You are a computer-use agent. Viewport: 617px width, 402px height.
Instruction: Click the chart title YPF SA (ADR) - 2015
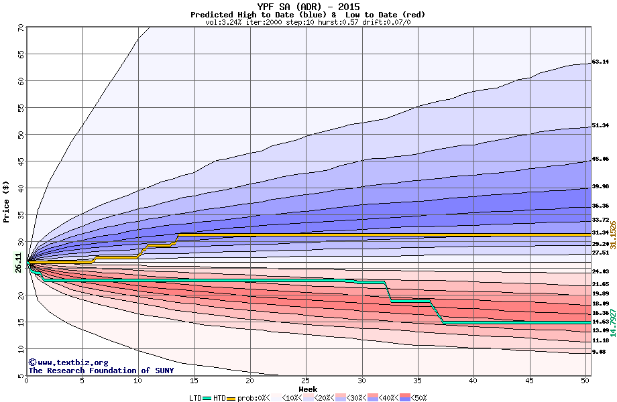click(308, 7)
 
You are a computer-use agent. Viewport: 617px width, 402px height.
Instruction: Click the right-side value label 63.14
click(600, 62)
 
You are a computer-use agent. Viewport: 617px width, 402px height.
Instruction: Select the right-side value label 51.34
click(600, 125)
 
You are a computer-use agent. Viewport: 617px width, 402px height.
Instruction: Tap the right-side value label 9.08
click(599, 352)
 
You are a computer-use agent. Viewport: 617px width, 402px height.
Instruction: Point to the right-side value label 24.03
click(600, 271)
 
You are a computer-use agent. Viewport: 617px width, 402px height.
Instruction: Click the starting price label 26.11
click(18, 262)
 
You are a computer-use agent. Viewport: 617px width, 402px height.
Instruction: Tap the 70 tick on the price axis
click(20, 27)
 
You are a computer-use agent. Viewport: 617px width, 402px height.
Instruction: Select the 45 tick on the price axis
click(20, 161)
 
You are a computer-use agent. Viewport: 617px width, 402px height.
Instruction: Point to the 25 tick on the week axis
click(306, 382)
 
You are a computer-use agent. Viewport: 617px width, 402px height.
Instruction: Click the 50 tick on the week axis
click(585, 382)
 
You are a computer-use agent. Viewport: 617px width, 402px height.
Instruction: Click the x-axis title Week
click(308, 389)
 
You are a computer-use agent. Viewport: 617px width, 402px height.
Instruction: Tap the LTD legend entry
click(196, 397)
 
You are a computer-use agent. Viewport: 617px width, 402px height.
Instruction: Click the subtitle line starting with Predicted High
click(308, 15)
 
